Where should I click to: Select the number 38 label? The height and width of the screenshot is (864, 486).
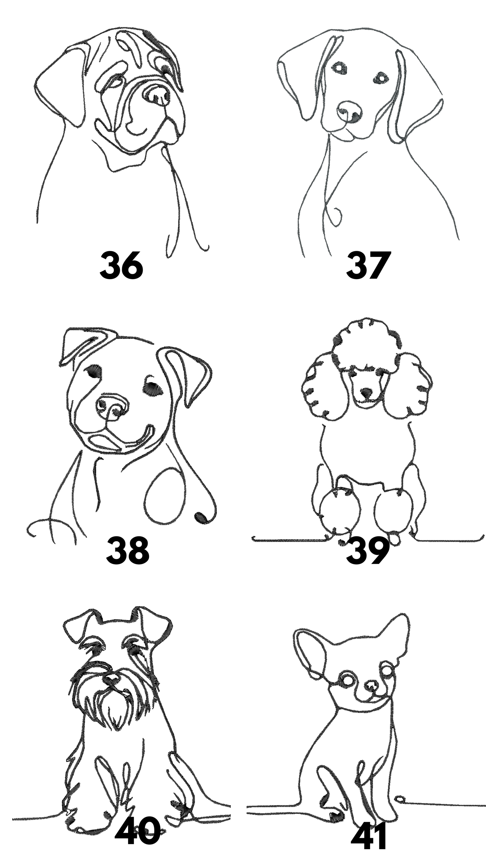pyautogui.click(x=127, y=551)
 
